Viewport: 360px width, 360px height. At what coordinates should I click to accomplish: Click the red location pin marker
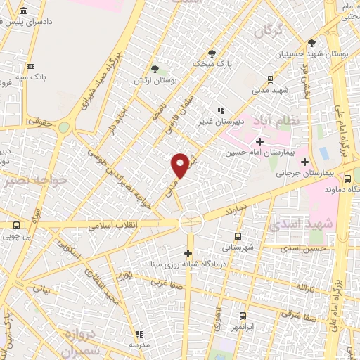pos(181,164)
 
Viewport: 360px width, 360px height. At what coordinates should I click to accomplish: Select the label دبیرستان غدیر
pos(239,120)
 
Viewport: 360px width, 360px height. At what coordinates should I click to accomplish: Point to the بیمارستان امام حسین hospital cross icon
pos(259,141)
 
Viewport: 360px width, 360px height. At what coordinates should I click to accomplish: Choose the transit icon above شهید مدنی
pos(271,79)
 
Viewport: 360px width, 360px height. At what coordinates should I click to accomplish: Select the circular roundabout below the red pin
pos(191,221)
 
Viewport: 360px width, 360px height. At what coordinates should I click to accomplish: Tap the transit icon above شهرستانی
pos(238,236)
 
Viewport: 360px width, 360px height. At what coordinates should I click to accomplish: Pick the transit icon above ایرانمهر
pos(243,316)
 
